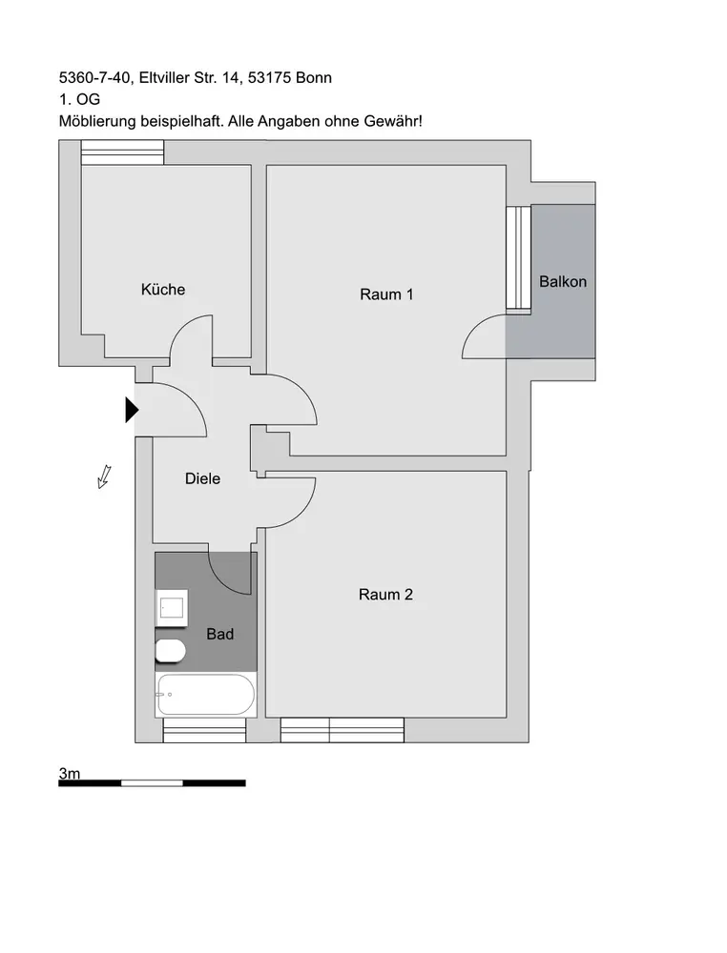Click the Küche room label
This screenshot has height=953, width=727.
(x=163, y=290)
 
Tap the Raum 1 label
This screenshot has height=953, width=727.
(x=386, y=294)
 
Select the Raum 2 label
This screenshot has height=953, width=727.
(x=385, y=595)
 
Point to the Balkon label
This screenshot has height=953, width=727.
(x=563, y=282)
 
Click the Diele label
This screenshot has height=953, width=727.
(x=202, y=478)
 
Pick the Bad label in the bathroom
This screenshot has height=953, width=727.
(x=220, y=634)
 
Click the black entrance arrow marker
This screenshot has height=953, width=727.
(x=132, y=410)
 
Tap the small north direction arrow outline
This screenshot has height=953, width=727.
(x=105, y=476)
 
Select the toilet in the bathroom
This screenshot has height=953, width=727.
(x=170, y=652)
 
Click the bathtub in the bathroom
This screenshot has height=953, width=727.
(x=206, y=695)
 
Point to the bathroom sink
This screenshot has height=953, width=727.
(x=172, y=607)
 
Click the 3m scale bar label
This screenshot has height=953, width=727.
(x=70, y=774)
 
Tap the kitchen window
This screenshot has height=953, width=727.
(x=121, y=152)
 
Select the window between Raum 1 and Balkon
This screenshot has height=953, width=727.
(x=517, y=257)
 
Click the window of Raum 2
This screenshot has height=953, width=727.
(x=342, y=731)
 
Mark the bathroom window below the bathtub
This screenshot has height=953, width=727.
(x=204, y=731)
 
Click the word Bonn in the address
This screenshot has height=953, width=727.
(x=313, y=77)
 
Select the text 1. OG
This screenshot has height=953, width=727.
(x=79, y=99)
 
